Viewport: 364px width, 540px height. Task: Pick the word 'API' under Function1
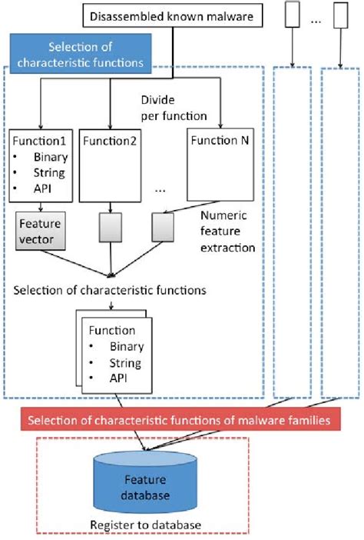32,188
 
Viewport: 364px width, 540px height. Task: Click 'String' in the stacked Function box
125,362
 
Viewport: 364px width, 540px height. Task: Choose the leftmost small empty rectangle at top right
292,15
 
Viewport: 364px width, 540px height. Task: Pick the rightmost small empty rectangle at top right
338,15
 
